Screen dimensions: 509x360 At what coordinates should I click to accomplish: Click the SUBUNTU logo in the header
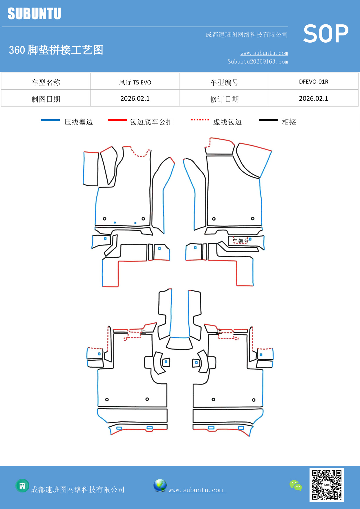34,14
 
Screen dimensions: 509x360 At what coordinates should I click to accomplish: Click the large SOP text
326,34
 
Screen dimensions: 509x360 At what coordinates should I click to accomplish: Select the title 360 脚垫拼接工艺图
56,50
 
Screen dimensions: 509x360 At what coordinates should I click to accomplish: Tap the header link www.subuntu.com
264,53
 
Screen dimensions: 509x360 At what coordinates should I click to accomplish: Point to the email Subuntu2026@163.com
258,62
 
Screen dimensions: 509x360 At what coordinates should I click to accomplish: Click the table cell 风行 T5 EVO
135,82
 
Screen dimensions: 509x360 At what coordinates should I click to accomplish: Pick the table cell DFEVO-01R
314,82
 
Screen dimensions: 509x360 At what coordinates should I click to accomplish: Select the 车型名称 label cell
46,82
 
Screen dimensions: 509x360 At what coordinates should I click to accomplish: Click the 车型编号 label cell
224,82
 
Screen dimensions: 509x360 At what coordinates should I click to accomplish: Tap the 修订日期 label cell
224,99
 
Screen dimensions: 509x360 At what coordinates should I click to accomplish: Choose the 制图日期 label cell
46,99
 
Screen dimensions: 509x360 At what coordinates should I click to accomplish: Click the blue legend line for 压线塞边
50,120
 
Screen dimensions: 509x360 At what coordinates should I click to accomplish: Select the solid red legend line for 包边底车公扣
117,120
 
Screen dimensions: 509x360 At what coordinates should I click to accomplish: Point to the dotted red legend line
200,120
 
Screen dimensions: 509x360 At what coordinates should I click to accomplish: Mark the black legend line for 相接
268,120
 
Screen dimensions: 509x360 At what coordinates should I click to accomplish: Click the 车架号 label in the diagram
240,241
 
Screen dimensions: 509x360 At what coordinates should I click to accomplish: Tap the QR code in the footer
326,485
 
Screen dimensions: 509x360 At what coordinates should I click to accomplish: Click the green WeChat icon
296,485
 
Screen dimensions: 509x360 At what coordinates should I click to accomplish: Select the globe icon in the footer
160,485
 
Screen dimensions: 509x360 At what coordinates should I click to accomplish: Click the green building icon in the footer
22,485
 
